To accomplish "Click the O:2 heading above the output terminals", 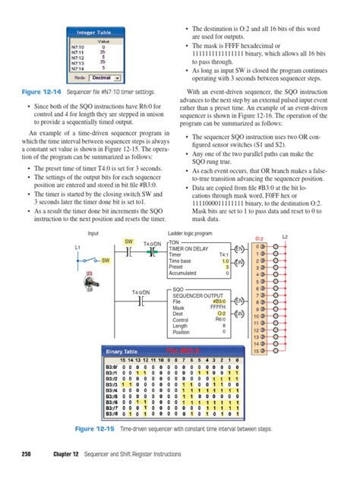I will click(x=259, y=238).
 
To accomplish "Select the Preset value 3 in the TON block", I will click(x=226, y=267).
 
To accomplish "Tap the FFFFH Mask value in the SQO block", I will click(x=220, y=308).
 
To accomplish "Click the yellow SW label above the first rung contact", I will click(x=128, y=242).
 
